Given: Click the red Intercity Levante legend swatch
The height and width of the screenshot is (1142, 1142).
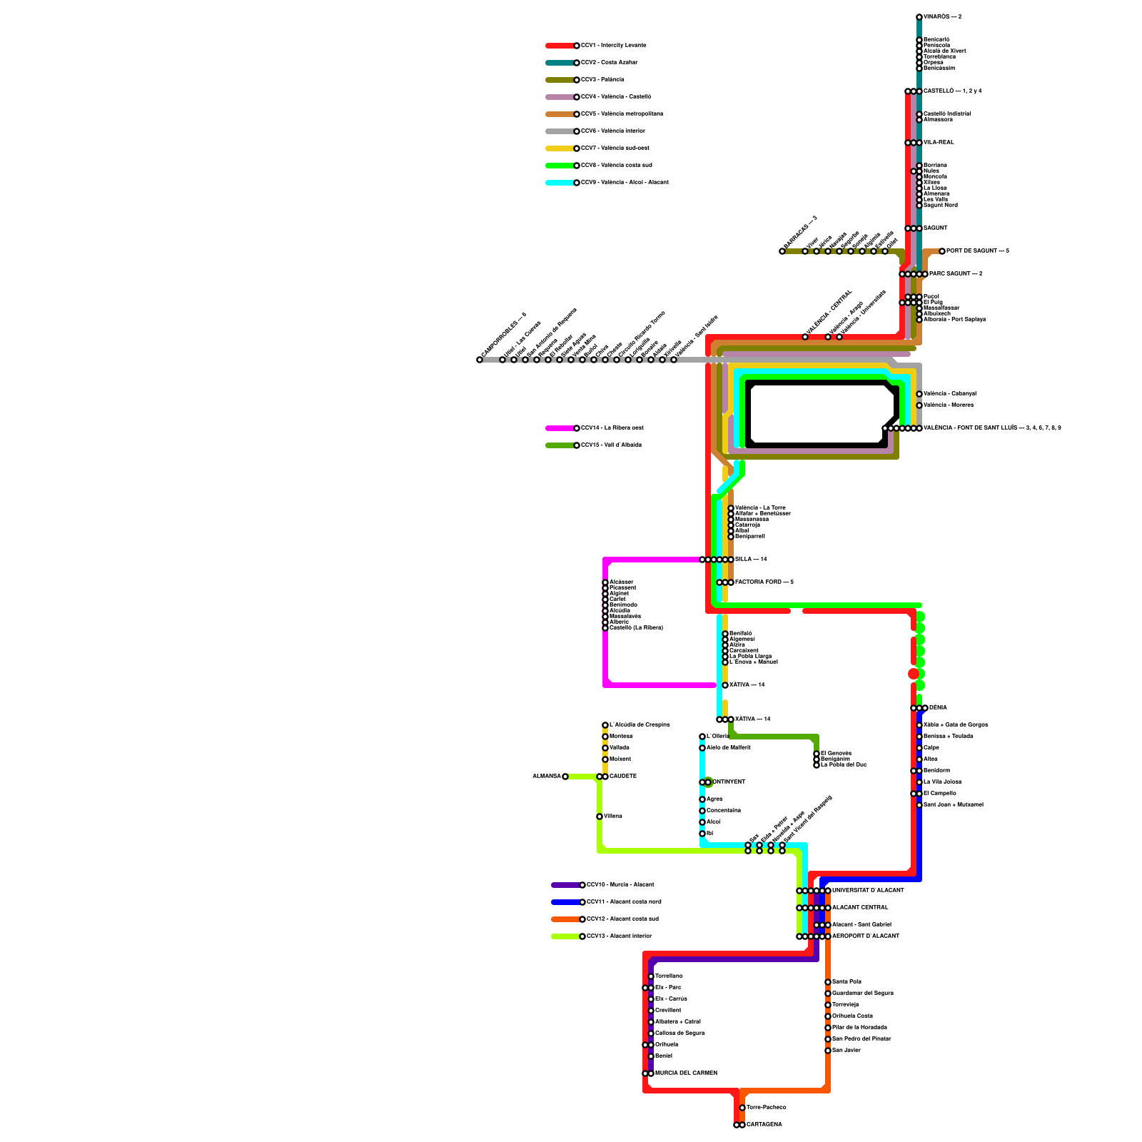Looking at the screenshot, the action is point(560,46).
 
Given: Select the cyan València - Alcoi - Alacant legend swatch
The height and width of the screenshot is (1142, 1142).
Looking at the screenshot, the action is point(560,183).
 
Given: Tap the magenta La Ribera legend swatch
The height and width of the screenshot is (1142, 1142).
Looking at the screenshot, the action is point(560,428).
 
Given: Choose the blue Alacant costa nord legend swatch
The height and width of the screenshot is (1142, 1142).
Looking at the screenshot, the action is point(566,902).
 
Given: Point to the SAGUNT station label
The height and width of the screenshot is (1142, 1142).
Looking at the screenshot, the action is point(936,228).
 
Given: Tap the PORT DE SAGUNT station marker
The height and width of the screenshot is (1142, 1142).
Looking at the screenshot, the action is point(942,251).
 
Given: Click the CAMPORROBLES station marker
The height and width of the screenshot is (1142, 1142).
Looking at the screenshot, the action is point(480,360).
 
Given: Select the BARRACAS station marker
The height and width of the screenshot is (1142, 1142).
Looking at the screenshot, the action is point(782,251).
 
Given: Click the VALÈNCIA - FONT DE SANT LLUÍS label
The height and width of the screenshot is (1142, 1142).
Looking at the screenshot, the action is point(992,428).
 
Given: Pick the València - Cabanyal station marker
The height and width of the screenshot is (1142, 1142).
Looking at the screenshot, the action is point(919,394).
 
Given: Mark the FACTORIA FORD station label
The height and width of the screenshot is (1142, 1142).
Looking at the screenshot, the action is point(764,582).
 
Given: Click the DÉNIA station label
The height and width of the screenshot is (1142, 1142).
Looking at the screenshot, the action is point(939,707).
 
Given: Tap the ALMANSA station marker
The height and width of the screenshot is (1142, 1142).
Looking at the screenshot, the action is point(565,777).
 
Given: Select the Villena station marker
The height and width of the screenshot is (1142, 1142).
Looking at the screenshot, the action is point(600,817).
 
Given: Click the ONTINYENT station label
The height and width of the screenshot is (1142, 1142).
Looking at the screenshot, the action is point(729,782).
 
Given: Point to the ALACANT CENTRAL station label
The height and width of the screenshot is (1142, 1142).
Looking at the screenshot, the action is point(860,907).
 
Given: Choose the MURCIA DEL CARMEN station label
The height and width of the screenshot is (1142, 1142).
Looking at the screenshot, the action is point(686,1073).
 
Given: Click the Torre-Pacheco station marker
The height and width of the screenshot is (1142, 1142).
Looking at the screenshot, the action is point(742,1108).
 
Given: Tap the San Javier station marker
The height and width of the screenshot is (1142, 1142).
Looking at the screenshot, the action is point(828,1051).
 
